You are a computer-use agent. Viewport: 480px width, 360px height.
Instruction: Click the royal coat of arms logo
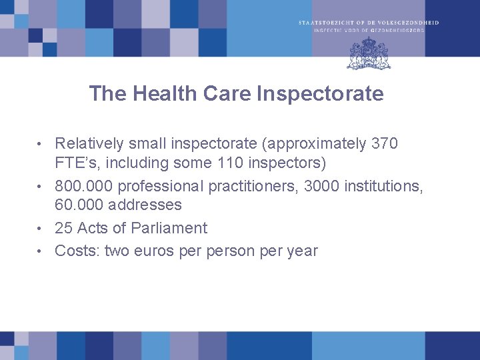click(x=369, y=53)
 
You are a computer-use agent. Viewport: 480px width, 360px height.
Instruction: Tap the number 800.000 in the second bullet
click(x=84, y=186)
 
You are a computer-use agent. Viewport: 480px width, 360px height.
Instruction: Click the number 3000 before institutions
click(x=322, y=186)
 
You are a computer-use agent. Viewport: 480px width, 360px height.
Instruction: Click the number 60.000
click(x=76, y=205)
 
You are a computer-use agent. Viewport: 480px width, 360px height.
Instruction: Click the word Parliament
click(x=169, y=228)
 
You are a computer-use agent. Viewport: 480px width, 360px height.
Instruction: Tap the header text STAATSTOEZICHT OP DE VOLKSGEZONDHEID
click(x=369, y=23)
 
